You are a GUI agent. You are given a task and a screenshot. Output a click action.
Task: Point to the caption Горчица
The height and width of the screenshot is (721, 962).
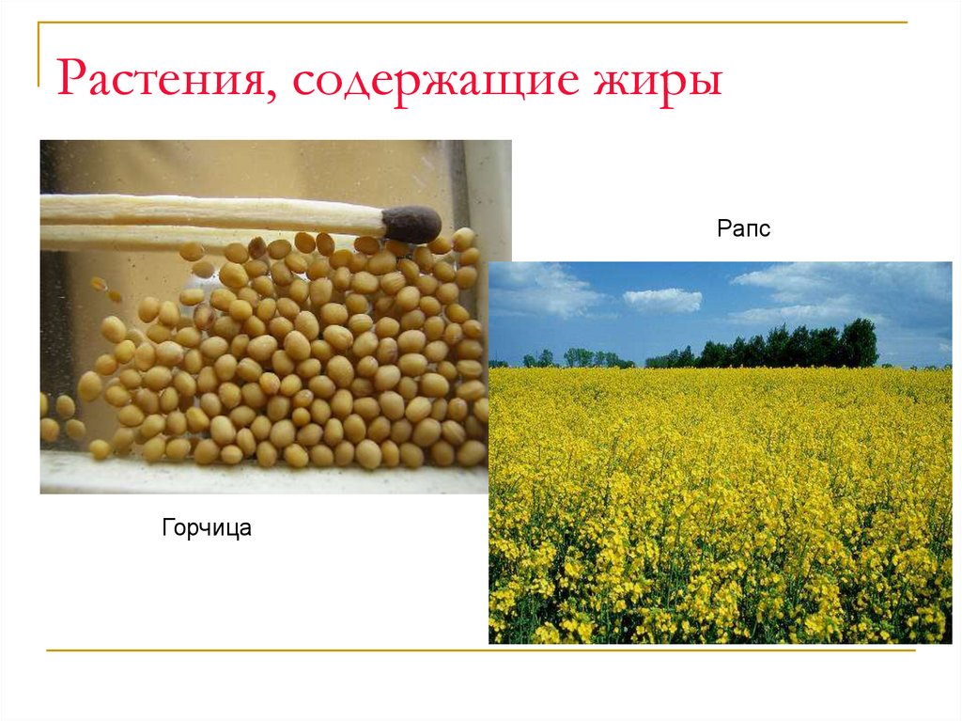click(207, 528)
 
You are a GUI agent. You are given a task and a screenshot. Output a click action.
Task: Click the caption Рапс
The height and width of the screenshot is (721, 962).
click(743, 228)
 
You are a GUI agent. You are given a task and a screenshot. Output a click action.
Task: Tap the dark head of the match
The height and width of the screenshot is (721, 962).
click(411, 224)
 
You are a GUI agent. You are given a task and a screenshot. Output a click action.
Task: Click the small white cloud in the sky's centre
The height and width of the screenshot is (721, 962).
click(662, 300)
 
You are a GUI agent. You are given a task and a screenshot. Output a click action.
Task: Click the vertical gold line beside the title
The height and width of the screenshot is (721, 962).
click(39, 56)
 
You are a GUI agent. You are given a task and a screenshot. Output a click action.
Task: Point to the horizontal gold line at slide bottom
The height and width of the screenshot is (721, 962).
click(479, 650)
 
